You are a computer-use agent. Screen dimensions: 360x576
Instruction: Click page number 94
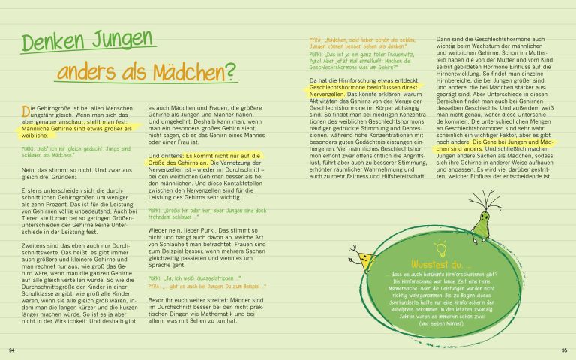(11, 349)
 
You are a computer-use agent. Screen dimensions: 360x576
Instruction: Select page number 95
(564, 349)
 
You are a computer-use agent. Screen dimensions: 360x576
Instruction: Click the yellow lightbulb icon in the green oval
(441, 247)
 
